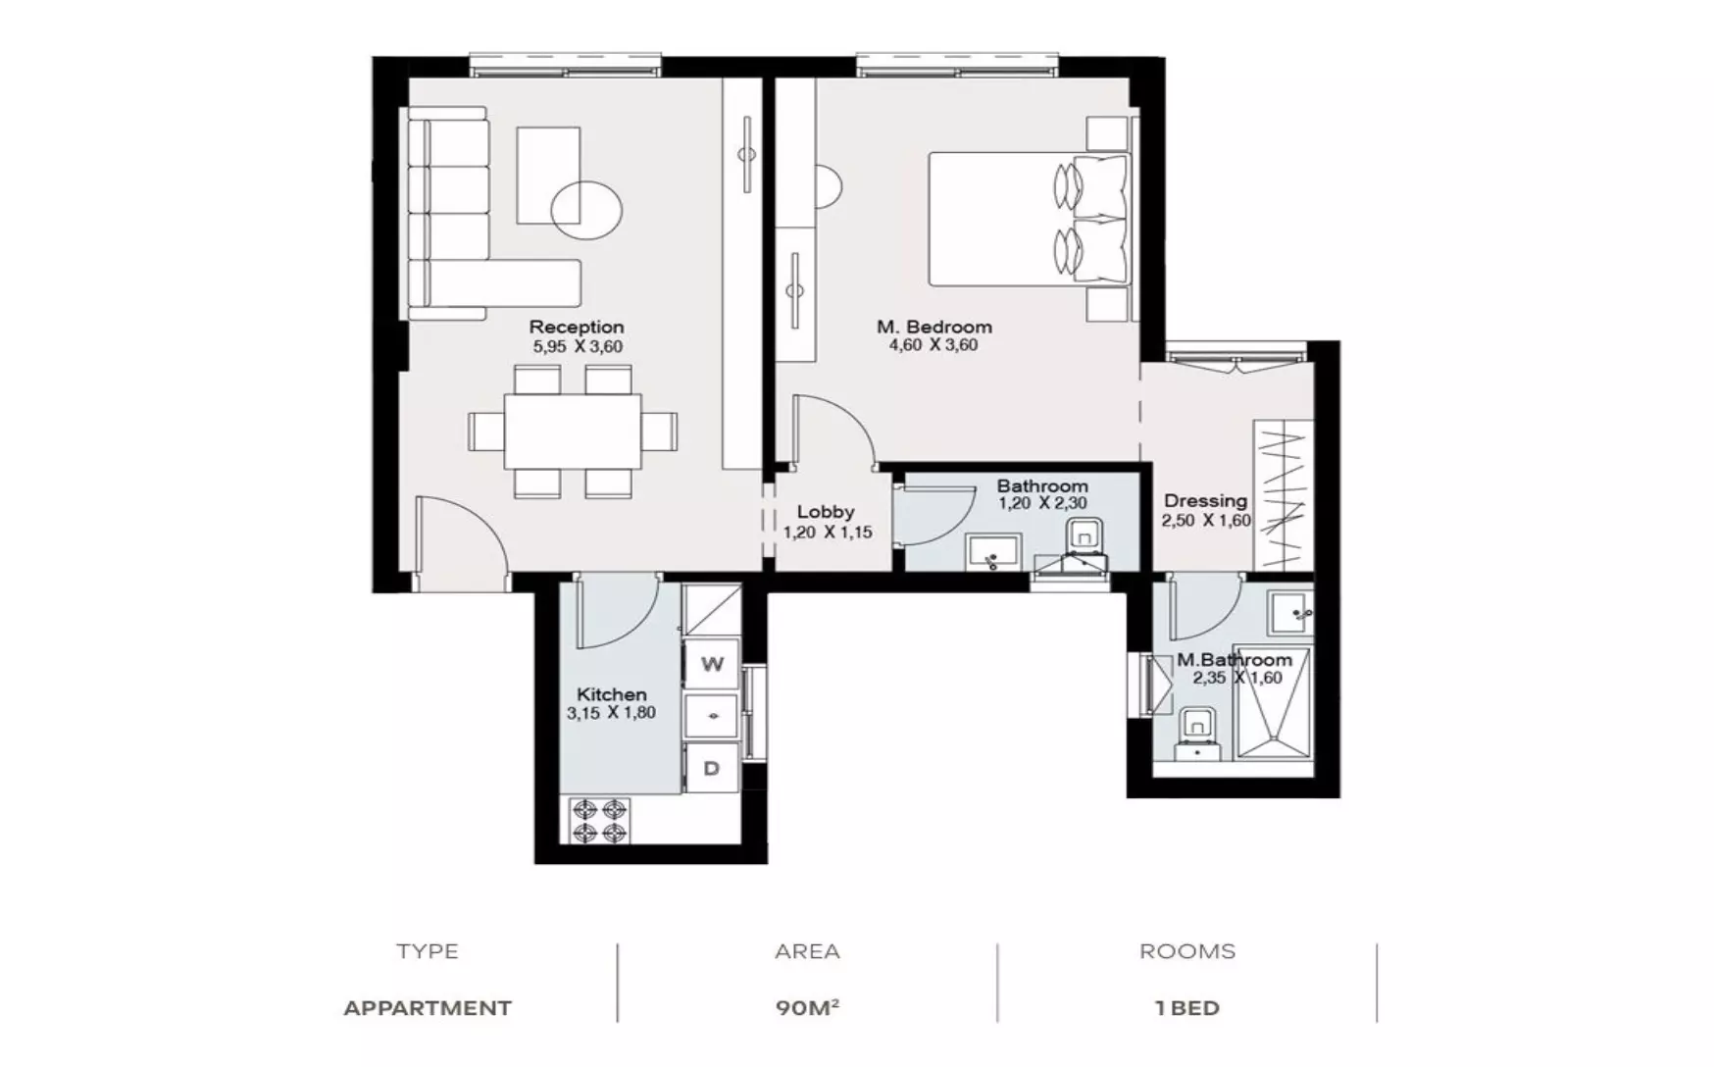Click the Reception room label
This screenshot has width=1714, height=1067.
pos(577,327)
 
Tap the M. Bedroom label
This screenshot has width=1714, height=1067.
pos(934,327)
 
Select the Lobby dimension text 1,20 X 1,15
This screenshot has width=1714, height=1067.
pos(828,533)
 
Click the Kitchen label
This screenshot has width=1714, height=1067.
pos(611,694)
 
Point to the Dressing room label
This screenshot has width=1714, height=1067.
pos(1205,501)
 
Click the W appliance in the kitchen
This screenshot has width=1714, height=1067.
pos(712,664)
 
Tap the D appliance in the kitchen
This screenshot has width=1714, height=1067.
pos(712,768)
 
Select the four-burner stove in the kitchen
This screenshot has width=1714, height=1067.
pos(600,821)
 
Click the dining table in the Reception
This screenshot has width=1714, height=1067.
pos(573,432)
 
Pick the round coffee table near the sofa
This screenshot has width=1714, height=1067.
pos(586,209)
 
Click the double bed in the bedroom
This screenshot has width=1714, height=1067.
pos(1028,218)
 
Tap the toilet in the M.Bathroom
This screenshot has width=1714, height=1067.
pos(1196,731)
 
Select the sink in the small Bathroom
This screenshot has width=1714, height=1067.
pos(993,551)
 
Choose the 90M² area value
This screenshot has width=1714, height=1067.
pos(807,1008)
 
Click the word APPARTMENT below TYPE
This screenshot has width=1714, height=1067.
pos(428,1008)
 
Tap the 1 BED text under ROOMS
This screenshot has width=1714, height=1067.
pos(1187,1008)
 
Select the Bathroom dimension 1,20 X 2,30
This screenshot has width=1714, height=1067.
pos(1042,504)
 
